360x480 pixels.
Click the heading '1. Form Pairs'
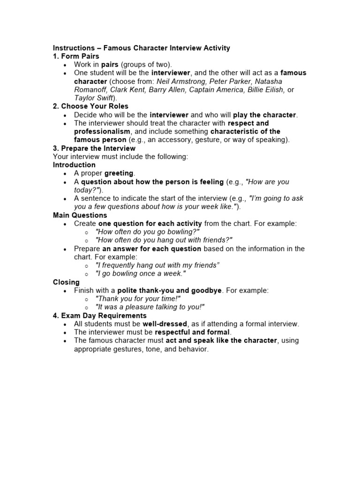(76, 56)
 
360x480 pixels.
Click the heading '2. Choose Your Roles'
(90, 106)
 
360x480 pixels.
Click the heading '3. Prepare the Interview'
(94, 149)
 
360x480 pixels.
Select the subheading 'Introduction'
(74, 165)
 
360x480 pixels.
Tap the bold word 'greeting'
(120, 173)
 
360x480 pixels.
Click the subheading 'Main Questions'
(80, 215)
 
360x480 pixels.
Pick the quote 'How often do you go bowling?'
(147, 232)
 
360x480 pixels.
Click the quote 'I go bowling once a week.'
(140, 274)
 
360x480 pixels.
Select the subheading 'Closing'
(66, 282)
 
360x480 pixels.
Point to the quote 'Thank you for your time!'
(138, 299)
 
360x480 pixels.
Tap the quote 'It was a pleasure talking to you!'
(150, 307)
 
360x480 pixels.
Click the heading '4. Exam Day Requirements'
(99, 315)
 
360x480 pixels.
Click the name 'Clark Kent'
(129, 90)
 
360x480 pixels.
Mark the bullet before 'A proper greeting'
(65, 174)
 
